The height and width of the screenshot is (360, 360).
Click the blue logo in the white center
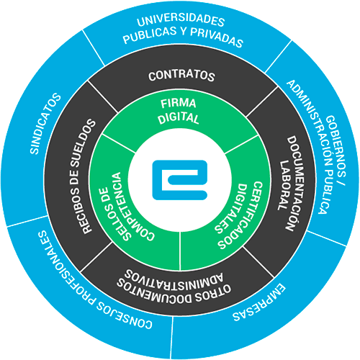click(x=180, y=180)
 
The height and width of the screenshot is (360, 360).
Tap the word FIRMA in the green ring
click(x=179, y=103)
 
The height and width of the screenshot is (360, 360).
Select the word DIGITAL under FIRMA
click(x=179, y=118)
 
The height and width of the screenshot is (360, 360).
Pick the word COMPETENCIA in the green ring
click(x=132, y=207)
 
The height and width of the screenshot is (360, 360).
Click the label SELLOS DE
click(x=114, y=214)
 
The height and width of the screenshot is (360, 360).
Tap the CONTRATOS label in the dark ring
click(x=181, y=76)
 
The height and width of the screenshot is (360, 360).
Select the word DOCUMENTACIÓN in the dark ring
click(x=294, y=184)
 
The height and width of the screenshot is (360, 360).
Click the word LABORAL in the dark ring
click(x=284, y=186)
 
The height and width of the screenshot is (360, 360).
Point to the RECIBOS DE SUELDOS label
click(x=82, y=176)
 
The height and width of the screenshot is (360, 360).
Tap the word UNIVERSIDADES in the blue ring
click(x=181, y=20)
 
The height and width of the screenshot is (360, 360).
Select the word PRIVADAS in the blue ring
click(x=217, y=37)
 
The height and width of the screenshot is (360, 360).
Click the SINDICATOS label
click(x=45, y=123)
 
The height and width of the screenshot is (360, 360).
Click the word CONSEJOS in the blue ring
click(x=124, y=315)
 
